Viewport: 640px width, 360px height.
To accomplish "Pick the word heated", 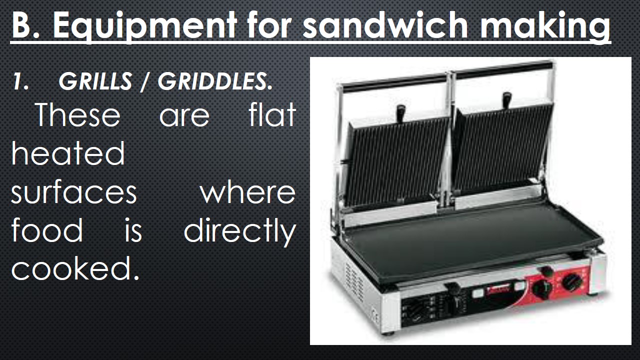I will [x=68, y=153].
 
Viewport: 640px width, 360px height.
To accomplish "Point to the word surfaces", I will [x=74, y=192].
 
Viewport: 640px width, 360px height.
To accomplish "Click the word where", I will [x=247, y=192].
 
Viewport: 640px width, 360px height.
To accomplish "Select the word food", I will [x=47, y=230].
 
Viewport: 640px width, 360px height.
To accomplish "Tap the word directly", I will [x=239, y=231].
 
